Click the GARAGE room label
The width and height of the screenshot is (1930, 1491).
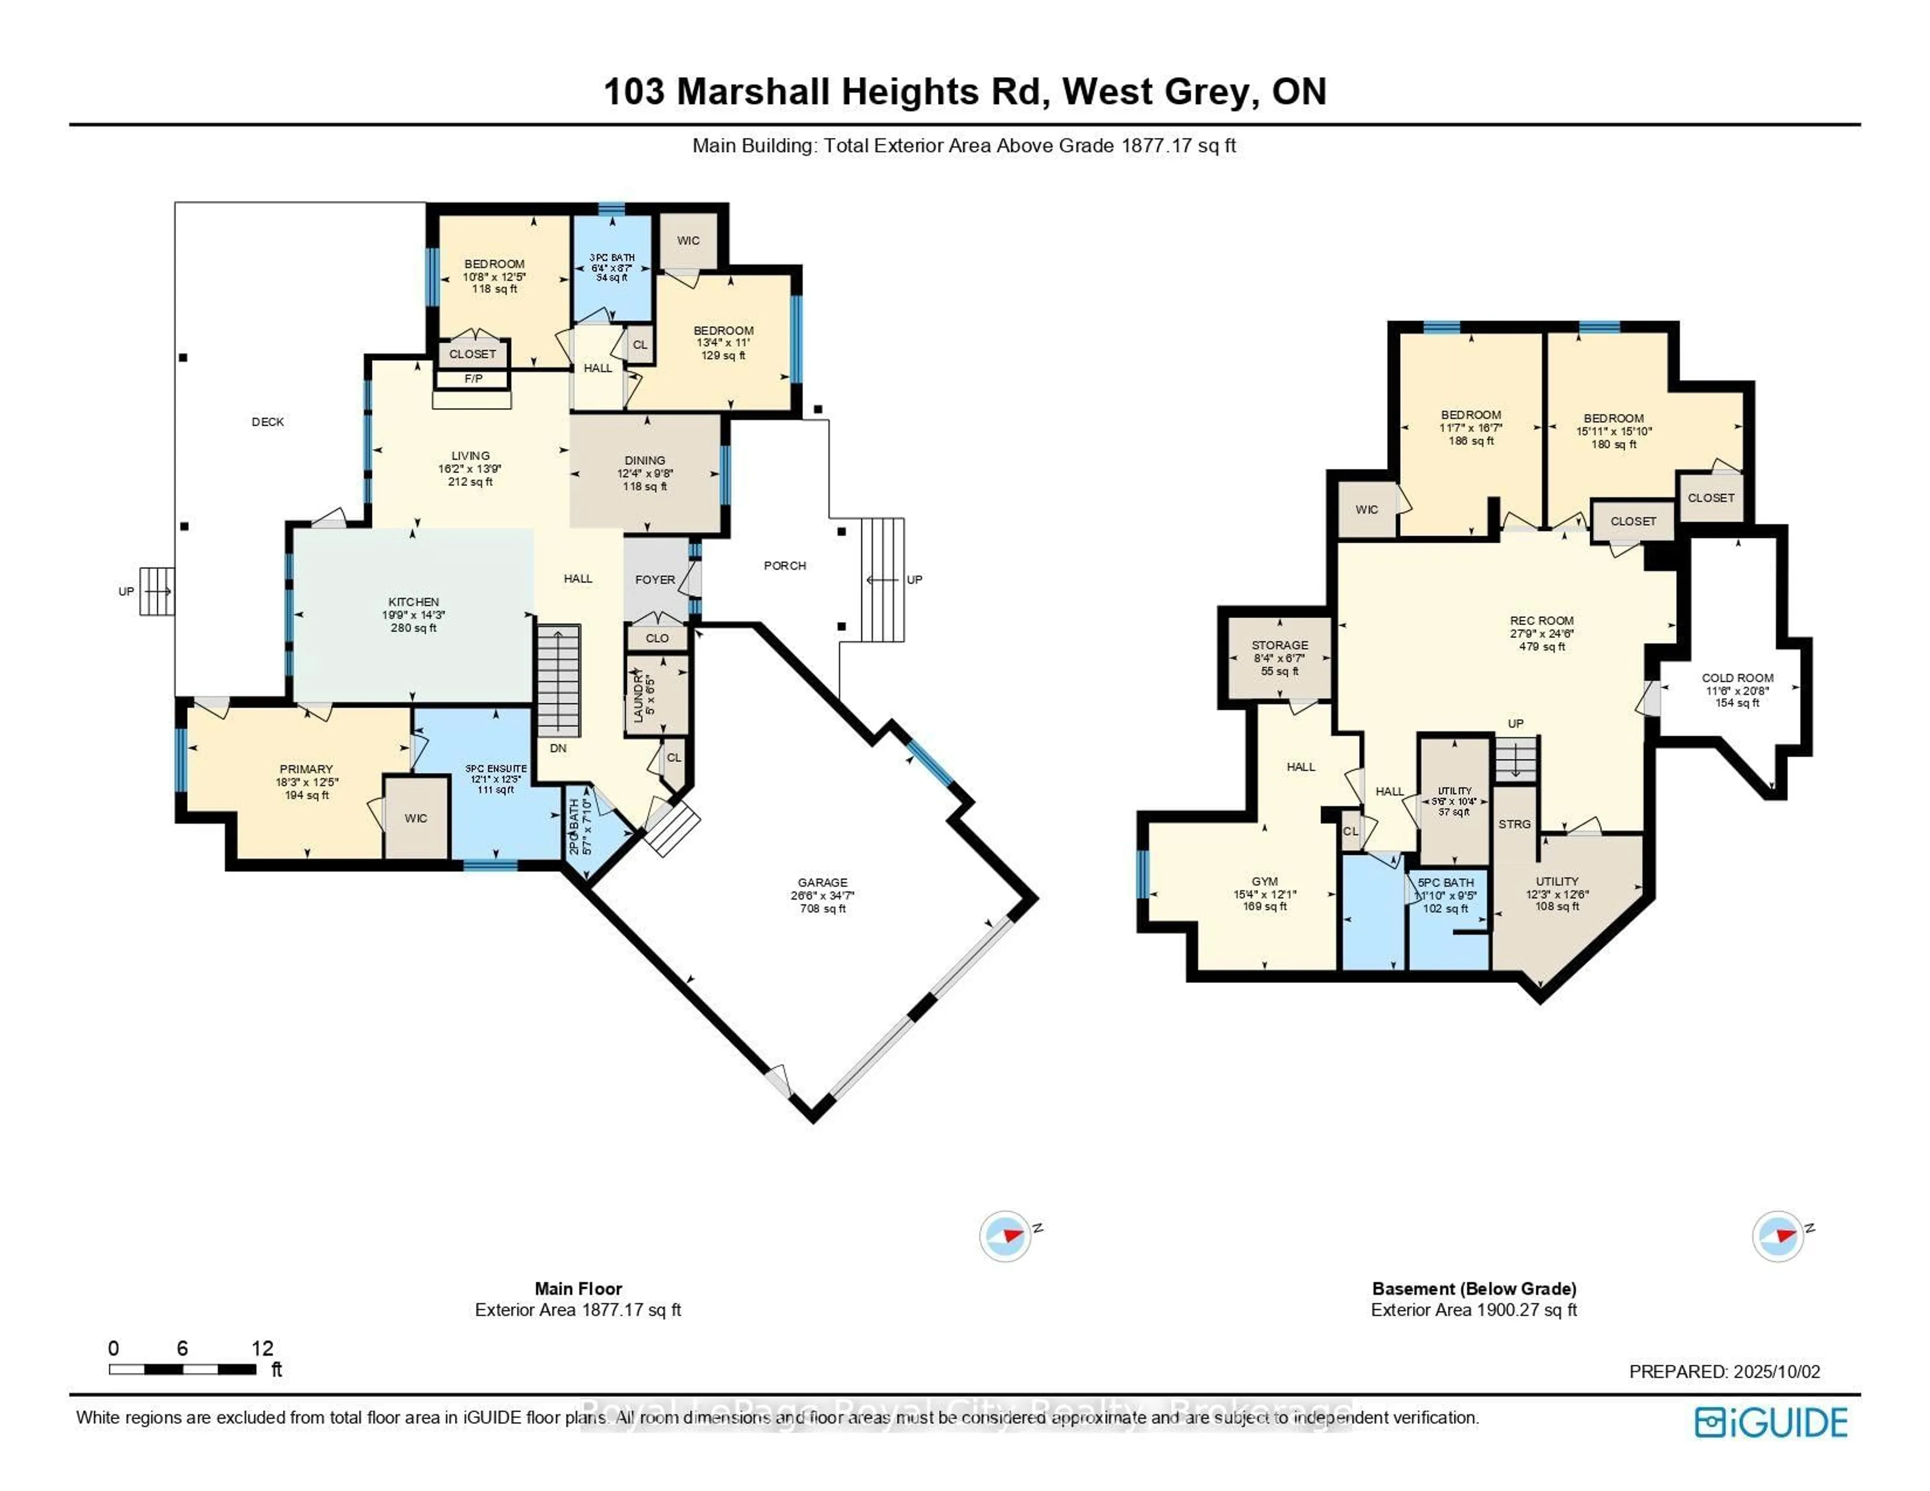(x=822, y=882)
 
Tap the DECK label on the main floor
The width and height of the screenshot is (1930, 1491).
(x=268, y=422)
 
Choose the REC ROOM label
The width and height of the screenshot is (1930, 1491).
(x=1541, y=621)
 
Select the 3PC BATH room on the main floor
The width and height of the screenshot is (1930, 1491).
(x=612, y=258)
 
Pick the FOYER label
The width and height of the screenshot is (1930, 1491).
(x=655, y=580)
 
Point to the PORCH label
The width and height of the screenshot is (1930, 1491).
(x=785, y=566)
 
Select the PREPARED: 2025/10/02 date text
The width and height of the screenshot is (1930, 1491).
(x=1724, y=1372)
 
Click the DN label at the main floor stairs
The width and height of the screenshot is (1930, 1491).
(x=557, y=748)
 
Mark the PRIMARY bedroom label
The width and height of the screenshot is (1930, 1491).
(x=306, y=769)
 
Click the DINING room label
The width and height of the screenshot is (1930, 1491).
(x=644, y=460)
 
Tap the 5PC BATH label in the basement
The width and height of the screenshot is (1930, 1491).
(x=1445, y=882)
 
